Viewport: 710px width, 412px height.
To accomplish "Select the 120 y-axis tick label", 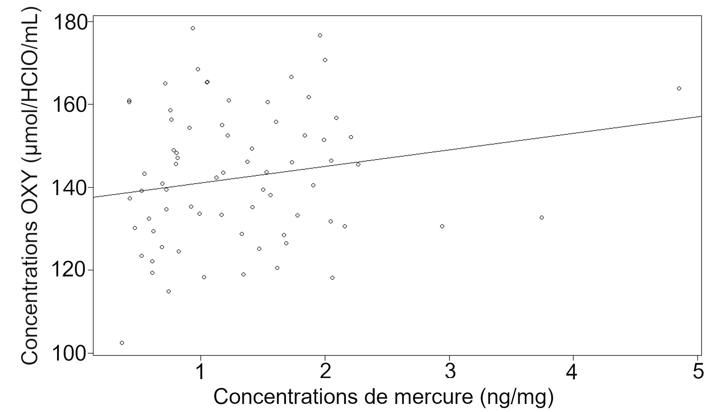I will (69, 270).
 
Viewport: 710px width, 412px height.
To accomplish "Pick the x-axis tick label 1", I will (200, 372).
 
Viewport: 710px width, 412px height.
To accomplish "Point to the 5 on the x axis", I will (698, 372).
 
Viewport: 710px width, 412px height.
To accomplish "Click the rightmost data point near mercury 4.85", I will (679, 89).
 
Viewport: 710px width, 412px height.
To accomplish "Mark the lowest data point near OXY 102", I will (122, 343).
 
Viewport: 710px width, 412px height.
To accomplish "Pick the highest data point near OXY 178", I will (193, 28).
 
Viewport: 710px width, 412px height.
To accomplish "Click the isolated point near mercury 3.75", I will (541, 218).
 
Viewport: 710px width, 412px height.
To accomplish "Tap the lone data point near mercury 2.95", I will (442, 226).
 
